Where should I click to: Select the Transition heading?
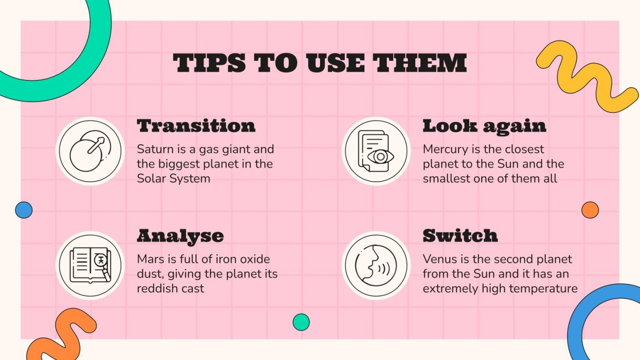point(196,126)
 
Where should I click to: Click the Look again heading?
point(484,126)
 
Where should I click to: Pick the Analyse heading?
point(180,236)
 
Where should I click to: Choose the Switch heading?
point(460,236)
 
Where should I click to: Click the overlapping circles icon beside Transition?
point(90,152)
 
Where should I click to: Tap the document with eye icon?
point(375,152)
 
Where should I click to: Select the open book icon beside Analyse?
point(90,265)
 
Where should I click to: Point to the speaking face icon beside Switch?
point(375,265)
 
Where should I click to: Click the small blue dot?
point(23,210)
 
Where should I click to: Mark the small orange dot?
point(590,210)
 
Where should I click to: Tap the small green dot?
point(301,322)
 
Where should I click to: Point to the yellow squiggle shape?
point(587,76)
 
